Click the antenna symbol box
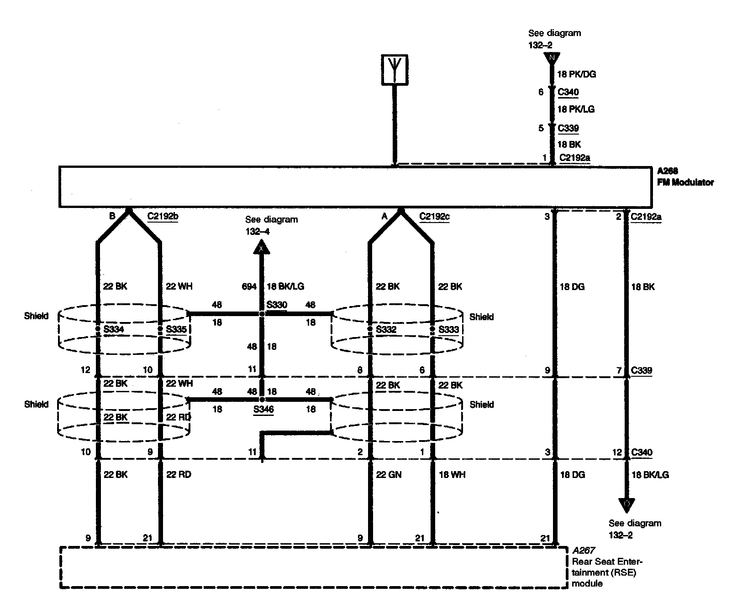395,70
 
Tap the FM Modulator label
685,182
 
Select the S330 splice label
277,305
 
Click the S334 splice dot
98,329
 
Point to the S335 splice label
176,329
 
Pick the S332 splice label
386,329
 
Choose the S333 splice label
448,329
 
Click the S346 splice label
263,409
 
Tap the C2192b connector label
163,216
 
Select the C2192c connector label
434,216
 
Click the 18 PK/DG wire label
577,74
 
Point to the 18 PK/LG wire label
576,109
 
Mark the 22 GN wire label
389,475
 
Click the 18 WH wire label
452,475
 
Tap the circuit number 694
249,286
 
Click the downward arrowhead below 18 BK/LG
626,504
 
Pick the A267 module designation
583,551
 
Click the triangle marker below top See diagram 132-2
552,58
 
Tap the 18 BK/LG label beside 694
285,286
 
